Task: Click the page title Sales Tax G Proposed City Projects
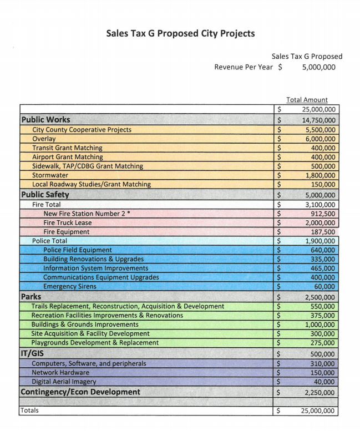pyautogui.click(x=180, y=33)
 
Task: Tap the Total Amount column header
pyautogui.click(x=307, y=100)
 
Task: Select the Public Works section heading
pyautogui.click(x=45, y=119)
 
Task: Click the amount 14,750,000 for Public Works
pyautogui.click(x=318, y=120)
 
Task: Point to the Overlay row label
pyautogui.click(x=44, y=139)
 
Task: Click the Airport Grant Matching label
pyautogui.click(x=67, y=157)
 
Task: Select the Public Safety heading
pyautogui.click(x=44, y=195)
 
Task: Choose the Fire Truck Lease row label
pyautogui.click(x=69, y=222)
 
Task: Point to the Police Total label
pyautogui.click(x=49, y=241)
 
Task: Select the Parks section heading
pyautogui.click(x=31, y=297)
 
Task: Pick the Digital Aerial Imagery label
pyautogui.click(x=64, y=382)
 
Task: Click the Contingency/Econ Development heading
pyautogui.click(x=80, y=392)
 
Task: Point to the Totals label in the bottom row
pyautogui.click(x=30, y=410)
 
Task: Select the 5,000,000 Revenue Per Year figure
pyautogui.click(x=318, y=68)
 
